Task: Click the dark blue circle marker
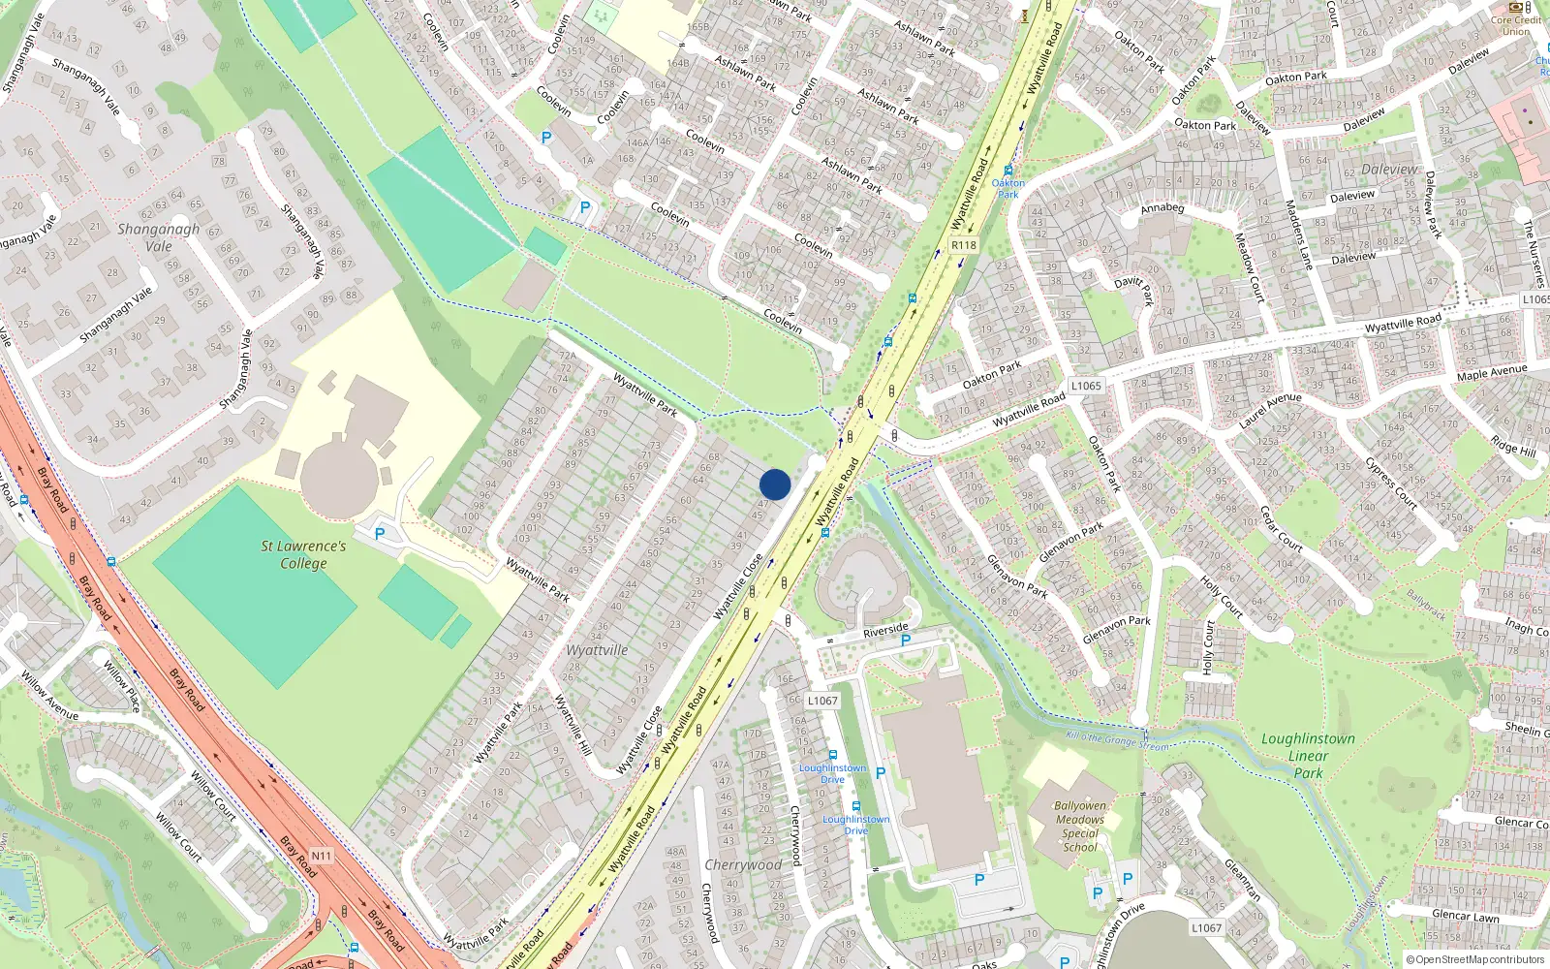[775, 484]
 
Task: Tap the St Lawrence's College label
[303, 554]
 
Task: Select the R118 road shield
[963, 245]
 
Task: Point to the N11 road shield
[321, 856]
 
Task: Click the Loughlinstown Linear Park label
[1308, 756]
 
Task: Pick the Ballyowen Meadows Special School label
[1080, 826]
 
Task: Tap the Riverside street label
[885, 630]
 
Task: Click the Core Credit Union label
[1516, 25]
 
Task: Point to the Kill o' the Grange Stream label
[1116, 741]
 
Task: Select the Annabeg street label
[1162, 208]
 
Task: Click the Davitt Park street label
[1134, 288]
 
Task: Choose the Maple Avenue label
[1491, 372]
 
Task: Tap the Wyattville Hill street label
[573, 725]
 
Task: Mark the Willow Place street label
[122, 686]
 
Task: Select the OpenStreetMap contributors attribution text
[1475, 959]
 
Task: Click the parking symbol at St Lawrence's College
[380, 534]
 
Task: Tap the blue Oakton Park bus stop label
[1007, 188]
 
